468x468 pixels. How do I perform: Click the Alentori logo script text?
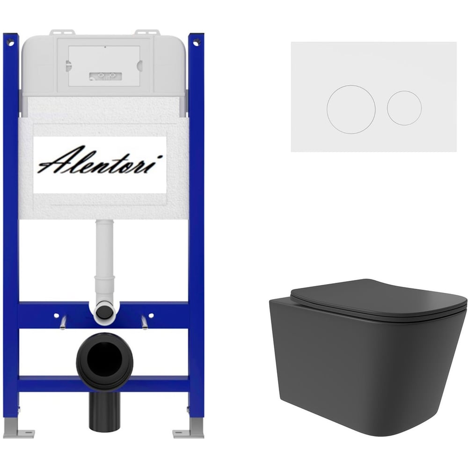click(100, 161)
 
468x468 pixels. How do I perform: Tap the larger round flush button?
click(351, 109)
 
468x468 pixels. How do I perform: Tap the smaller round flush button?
click(404, 108)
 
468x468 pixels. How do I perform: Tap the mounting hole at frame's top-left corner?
click(11, 44)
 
